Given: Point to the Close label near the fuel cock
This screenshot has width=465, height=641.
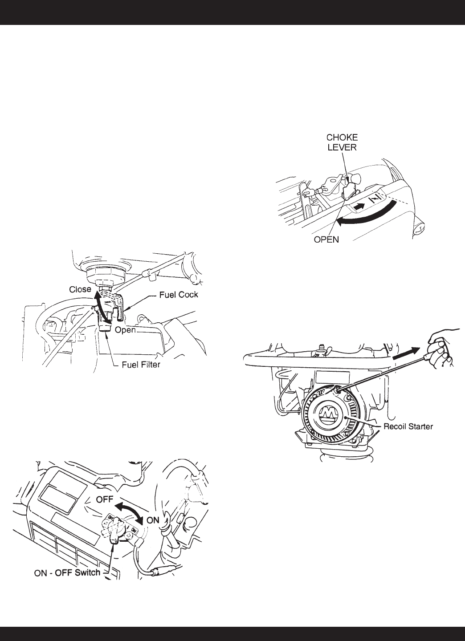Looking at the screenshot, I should point(80,289).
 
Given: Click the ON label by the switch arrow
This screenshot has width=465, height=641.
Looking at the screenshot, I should point(153,519).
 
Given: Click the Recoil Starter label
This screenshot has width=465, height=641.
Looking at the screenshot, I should point(408,426).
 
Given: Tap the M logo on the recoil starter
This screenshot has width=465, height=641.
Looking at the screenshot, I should point(330,415).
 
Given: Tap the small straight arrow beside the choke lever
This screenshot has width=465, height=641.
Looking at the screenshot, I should point(361,206).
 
